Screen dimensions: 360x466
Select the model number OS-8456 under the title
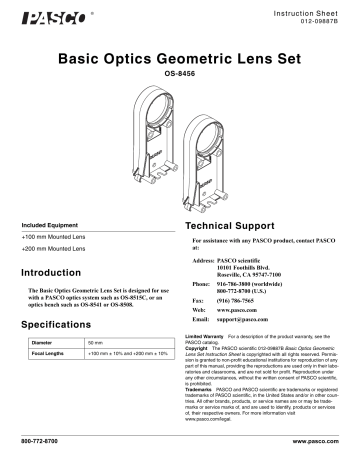[x=180, y=74]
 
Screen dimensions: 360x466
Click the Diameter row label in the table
[x=46, y=342]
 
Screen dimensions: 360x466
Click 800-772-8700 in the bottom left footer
[x=41, y=441]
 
